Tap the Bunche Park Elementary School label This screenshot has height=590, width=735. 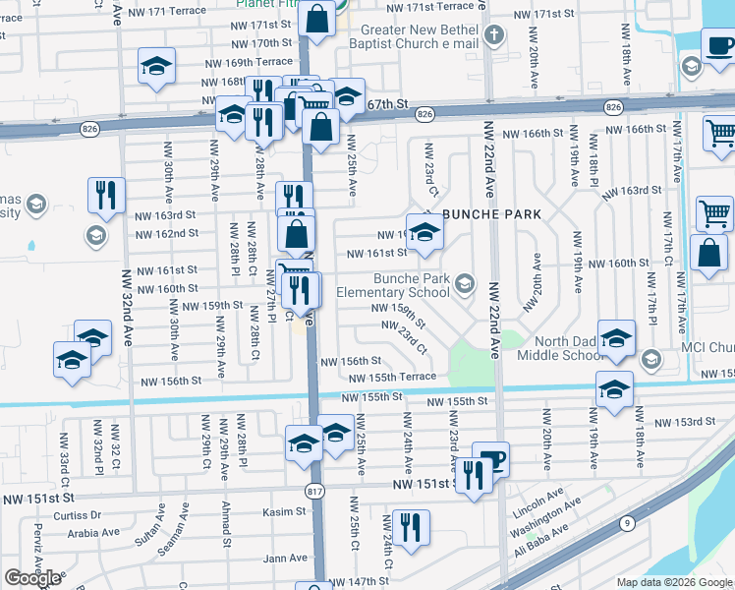coord(392,285)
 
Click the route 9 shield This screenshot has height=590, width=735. coord(625,525)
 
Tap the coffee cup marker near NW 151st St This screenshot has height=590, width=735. coord(490,459)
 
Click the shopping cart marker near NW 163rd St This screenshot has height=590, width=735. coord(714,212)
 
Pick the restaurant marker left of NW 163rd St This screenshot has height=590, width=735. coord(105,195)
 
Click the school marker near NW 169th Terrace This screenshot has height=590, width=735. coord(156,66)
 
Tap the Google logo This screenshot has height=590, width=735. coord(32,578)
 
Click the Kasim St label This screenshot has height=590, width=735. coord(285,511)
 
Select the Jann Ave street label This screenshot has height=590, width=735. coord(286,559)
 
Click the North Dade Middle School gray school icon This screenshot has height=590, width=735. coord(650,361)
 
